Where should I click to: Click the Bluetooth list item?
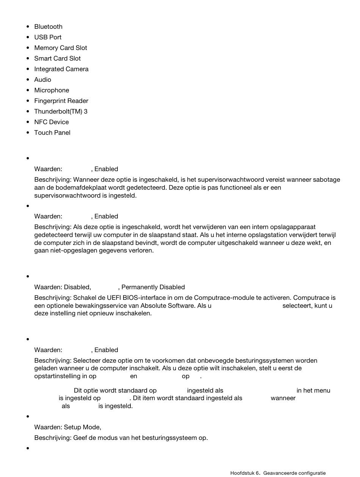48,26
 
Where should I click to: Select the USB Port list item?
48,37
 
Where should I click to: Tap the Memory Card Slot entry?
61,48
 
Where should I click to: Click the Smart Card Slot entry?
57,58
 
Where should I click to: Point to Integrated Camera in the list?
61,69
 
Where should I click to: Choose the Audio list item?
42,79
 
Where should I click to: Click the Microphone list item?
52,90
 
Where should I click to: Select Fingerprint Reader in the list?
61,101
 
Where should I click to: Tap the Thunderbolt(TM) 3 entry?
61,111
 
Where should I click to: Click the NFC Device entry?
52,122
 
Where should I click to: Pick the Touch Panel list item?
52,132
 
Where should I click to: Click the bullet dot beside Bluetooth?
28,26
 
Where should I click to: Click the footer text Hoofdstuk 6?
245,473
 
